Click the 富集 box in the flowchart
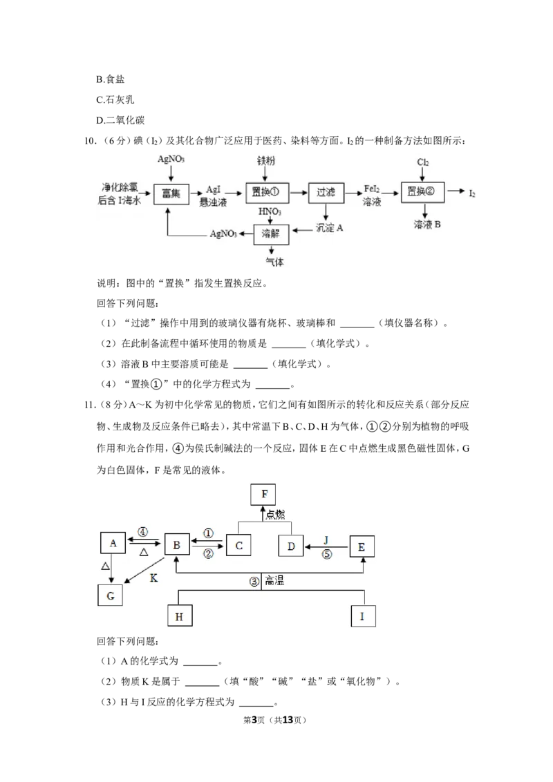[x=171, y=193]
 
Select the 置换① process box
[x=265, y=192]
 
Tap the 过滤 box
[x=326, y=192]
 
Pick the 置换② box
[x=422, y=191]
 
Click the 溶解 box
[x=271, y=233]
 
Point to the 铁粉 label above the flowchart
[x=266, y=160]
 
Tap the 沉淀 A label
[x=330, y=228]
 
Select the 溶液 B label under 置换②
[x=427, y=225]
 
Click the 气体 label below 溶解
[x=274, y=262]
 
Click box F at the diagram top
[x=263, y=494]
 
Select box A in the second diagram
[x=113, y=543]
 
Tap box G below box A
[x=111, y=595]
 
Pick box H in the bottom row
[x=180, y=616]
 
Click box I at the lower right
[x=363, y=616]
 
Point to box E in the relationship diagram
[x=362, y=546]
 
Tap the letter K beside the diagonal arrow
[x=153, y=578]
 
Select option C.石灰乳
[x=115, y=99]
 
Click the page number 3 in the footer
[x=254, y=720]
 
